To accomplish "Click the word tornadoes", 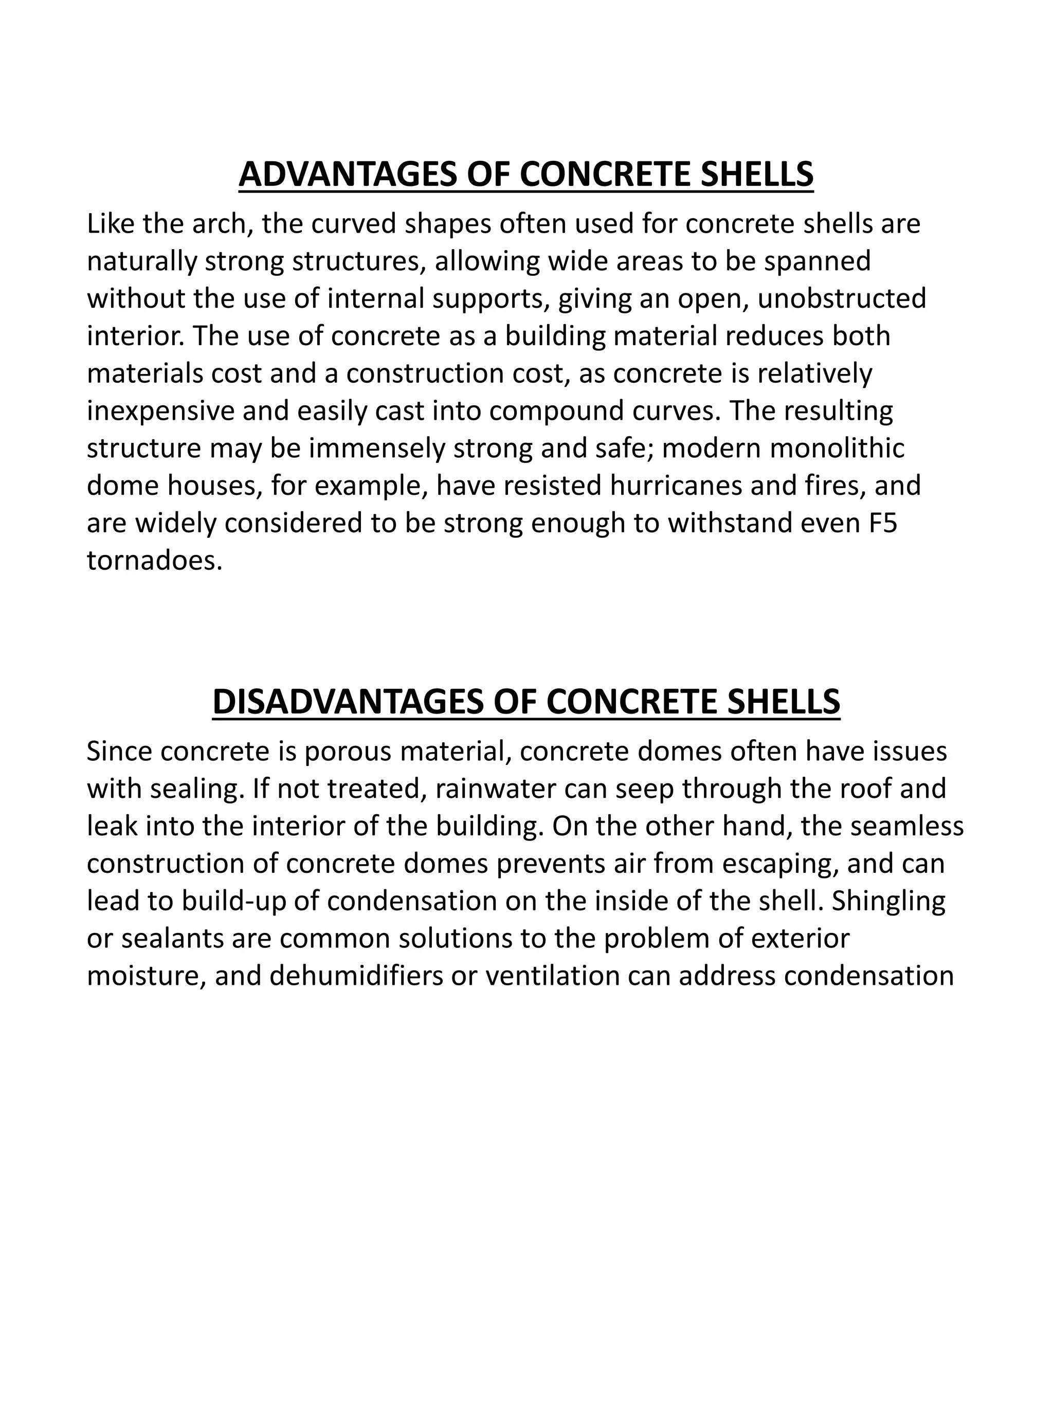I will [154, 560].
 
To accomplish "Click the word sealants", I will [172, 939].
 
